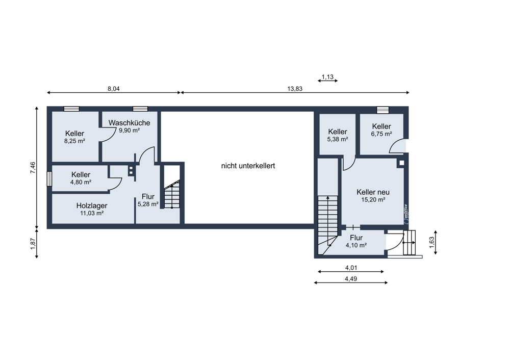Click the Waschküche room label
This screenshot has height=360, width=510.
point(129,122)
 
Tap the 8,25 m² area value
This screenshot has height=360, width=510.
point(74,141)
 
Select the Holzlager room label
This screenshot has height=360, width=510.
point(92,205)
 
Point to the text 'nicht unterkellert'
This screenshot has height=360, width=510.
point(248,166)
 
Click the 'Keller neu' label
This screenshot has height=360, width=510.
point(373,192)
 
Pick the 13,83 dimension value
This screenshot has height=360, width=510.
point(295,88)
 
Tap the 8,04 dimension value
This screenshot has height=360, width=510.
point(114,88)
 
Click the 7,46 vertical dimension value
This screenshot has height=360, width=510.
point(33,168)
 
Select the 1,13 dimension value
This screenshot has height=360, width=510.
point(327,77)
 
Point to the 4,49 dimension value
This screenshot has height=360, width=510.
point(351,279)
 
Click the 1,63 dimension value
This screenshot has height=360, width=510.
point(431,242)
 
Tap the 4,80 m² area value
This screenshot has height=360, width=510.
point(81,183)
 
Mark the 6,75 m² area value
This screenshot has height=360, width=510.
point(381,134)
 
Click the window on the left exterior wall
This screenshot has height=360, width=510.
point(49,179)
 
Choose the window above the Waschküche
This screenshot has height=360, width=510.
point(140,109)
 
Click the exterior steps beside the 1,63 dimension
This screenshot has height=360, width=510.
point(410,243)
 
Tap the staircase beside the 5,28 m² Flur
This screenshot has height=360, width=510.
point(172,194)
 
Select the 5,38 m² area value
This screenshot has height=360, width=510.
point(338,139)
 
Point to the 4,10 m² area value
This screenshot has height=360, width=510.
point(356,246)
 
